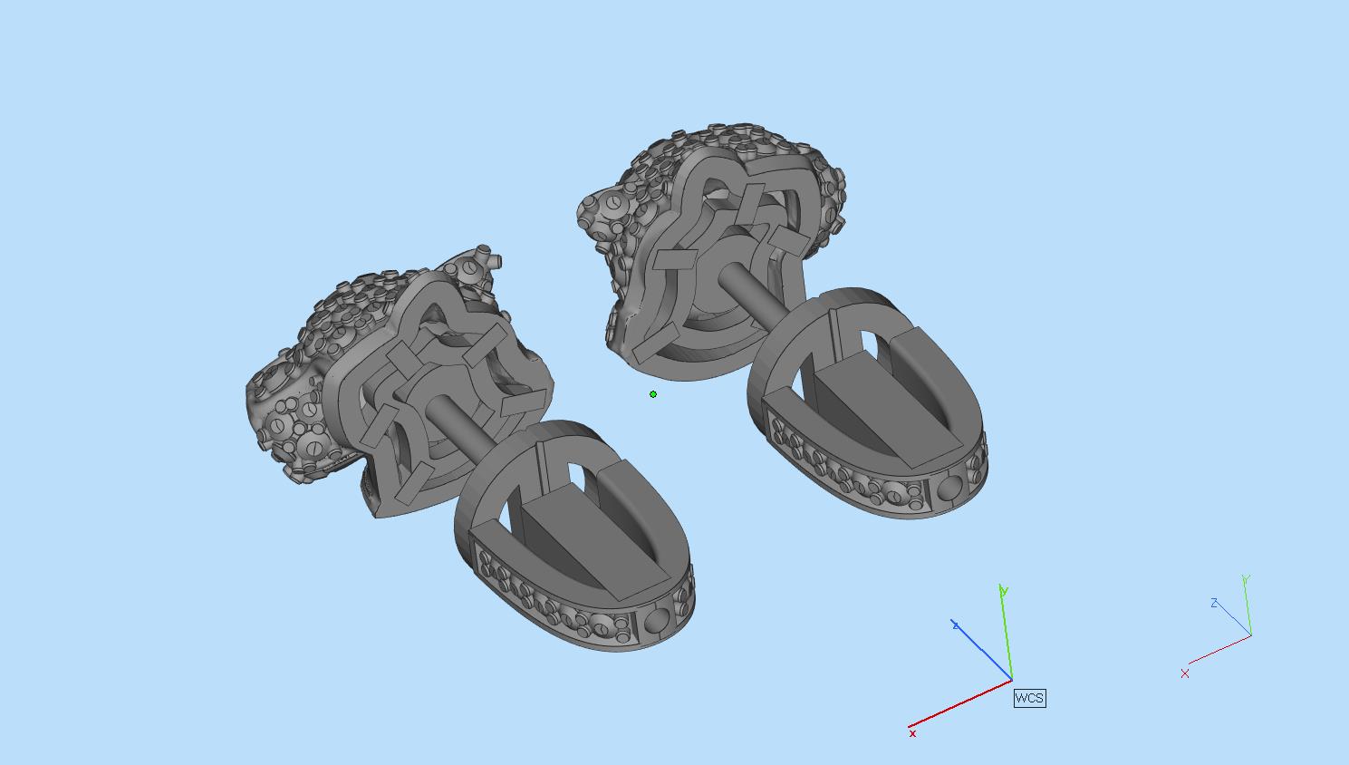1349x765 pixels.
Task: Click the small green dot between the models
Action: (x=653, y=394)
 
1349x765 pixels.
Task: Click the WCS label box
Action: (x=1029, y=698)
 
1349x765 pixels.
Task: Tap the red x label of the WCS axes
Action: (x=912, y=733)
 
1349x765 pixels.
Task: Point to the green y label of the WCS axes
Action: (x=1004, y=590)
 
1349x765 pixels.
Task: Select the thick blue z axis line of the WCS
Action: (x=982, y=650)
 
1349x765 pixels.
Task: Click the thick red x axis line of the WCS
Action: (x=960, y=703)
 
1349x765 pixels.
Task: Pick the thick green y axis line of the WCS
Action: (x=1006, y=633)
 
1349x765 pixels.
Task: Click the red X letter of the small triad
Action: (x=1185, y=673)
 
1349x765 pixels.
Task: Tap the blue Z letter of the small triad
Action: (x=1214, y=603)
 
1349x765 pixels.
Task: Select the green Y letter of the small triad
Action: (x=1246, y=579)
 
